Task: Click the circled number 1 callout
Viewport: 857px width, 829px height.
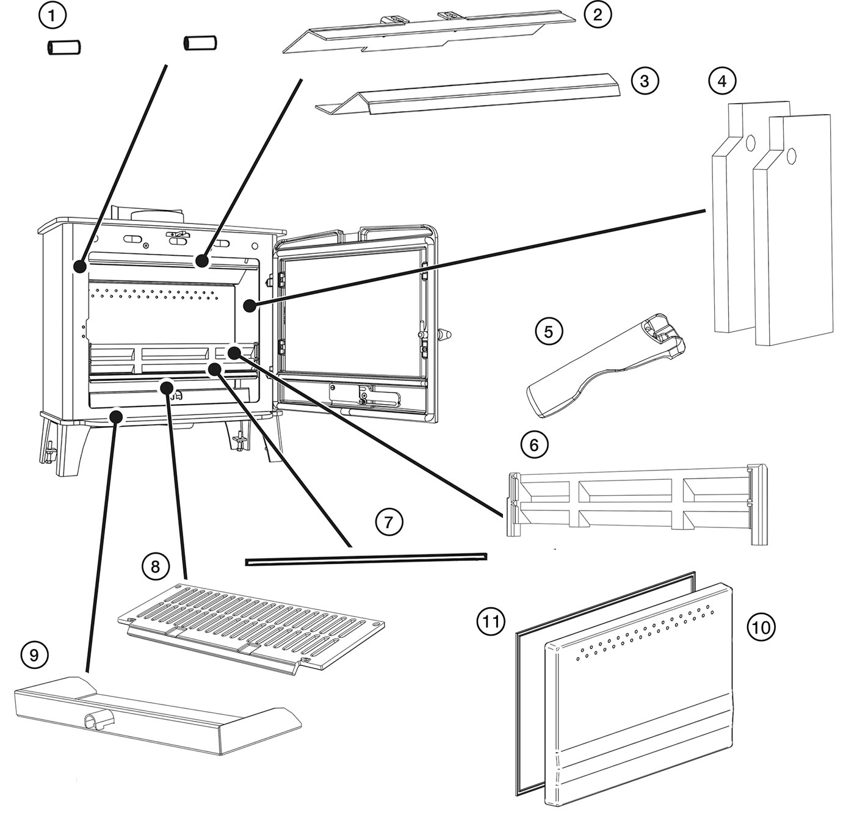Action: coord(52,16)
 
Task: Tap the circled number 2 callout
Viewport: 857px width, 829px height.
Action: coord(598,15)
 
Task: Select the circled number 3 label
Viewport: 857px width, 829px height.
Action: coord(645,81)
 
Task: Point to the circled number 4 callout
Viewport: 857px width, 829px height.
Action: coord(722,81)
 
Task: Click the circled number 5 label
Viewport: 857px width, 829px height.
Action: coord(549,331)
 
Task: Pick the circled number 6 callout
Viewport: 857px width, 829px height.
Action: coord(534,445)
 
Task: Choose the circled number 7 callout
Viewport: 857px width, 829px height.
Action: coord(388,523)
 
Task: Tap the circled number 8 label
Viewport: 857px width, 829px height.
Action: coord(156,566)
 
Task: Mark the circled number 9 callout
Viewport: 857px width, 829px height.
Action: coord(34,655)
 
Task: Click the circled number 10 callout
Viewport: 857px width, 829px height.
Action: coord(761,627)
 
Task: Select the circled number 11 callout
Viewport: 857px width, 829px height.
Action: coord(491,622)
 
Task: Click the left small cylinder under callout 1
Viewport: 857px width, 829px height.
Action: coord(63,47)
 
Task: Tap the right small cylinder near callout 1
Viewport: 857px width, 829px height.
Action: coord(200,43)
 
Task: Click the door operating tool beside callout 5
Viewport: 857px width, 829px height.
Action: coord(606,366)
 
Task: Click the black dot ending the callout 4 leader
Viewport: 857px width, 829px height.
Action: coord(250,306)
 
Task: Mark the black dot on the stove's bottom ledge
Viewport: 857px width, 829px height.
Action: coord(116,415)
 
